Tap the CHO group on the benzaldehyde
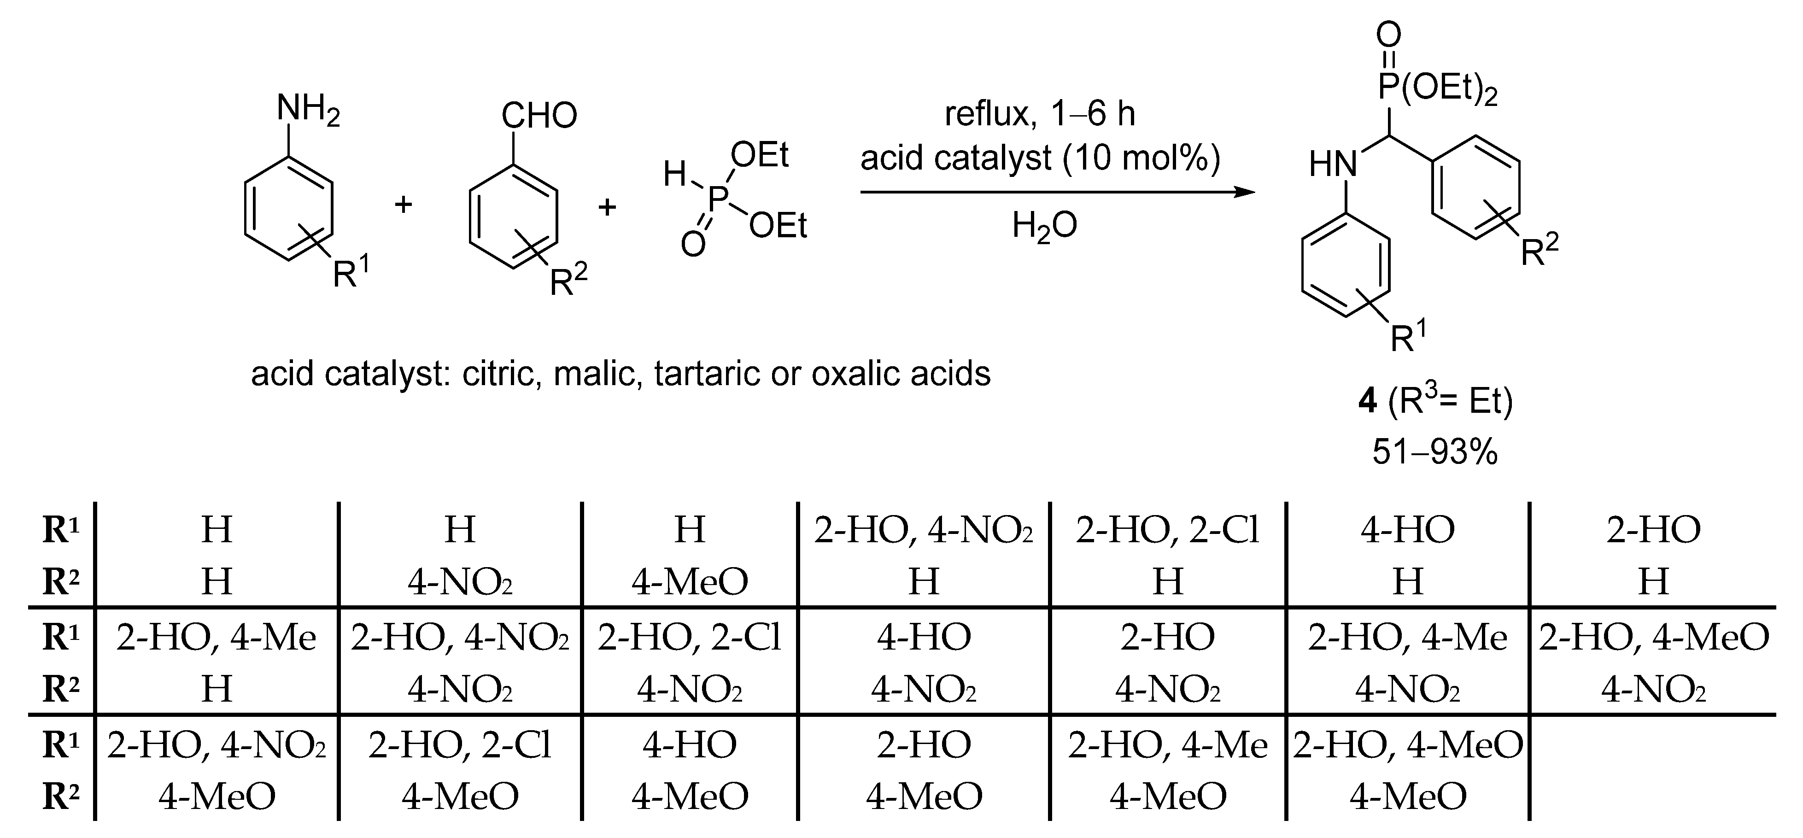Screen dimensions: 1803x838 pyautogui.click(x=539, y=116)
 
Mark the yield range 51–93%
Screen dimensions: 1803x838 pyautogui.click(x=1435, y=451)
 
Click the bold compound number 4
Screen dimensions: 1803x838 pyautogui.click(x=1367, y=402)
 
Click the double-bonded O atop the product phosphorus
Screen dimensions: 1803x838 pyautogui.click(x=1389, y=34)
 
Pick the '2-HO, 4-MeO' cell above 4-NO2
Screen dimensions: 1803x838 pyautogui.click(x=1653, y=638)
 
